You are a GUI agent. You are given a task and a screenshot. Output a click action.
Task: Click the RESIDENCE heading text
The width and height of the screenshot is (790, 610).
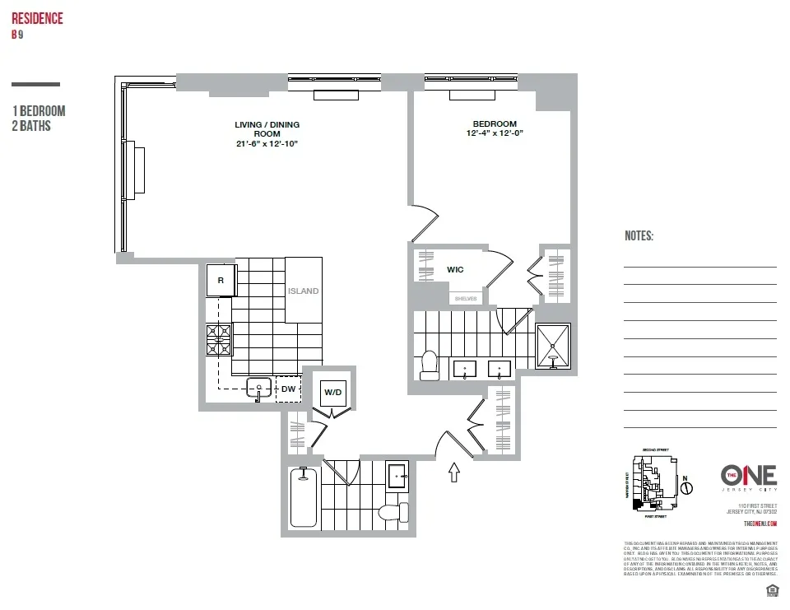click(x=37, y=19)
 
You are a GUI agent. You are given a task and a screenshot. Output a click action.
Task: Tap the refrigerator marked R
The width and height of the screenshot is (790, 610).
click(x=221, y=280)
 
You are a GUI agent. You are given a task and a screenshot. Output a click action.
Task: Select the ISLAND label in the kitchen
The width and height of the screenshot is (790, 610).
click(x=303, y=291)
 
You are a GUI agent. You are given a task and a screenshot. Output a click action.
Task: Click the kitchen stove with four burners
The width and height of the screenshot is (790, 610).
click(x=219, y=339)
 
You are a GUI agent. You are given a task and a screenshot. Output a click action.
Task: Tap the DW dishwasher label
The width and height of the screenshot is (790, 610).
click(x=288, y=389)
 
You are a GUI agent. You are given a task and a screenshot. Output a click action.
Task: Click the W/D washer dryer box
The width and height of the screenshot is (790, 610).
click(x=332, y=392)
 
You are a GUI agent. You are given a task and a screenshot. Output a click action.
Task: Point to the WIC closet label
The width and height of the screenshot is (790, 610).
click(x=455, y=269)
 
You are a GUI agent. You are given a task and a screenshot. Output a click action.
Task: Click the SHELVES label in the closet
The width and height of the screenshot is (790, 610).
click(x=465, y=299)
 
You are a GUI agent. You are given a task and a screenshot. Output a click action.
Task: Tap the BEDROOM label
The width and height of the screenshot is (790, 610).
click(x=495, y=124)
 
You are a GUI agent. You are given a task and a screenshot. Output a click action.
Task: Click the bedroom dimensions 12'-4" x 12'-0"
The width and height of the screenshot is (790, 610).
click(x=495, y=133)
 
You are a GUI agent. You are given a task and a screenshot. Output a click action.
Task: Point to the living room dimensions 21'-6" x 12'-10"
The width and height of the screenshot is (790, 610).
click(x=267, y=143)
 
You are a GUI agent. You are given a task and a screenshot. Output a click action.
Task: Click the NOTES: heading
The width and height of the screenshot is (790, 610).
click(x=639, y=236)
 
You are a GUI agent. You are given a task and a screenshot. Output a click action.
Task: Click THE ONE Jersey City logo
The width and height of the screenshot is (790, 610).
click(x=749, y=477)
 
